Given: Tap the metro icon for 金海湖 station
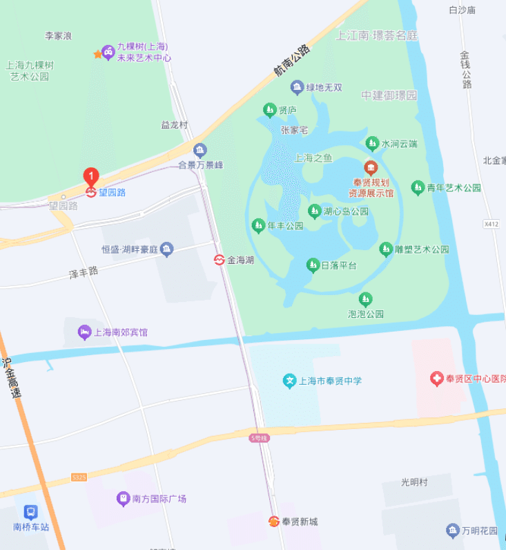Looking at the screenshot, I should coord(219,260).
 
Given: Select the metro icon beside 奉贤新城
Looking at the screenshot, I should coord(274,522).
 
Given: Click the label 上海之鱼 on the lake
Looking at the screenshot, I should coord(313,158).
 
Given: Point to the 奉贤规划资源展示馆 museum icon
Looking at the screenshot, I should coord(371,167).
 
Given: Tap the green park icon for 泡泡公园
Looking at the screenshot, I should coord(365,299).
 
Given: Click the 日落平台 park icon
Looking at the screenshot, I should coord(313,265).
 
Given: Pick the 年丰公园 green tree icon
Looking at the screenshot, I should coord(258,225).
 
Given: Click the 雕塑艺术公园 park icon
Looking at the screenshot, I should coord(386,249).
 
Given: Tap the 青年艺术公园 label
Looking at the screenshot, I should coord(454,188).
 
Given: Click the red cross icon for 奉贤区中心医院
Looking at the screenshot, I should coord(436,378).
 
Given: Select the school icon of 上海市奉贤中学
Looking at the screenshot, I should coord(290,381).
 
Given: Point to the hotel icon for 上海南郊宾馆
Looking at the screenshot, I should coord(84,332).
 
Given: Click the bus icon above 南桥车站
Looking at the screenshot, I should coord(31,512).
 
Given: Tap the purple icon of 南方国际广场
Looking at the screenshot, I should coord(123,498).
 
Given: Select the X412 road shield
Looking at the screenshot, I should coord(492,224).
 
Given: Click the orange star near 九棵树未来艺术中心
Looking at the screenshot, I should coord(97,54).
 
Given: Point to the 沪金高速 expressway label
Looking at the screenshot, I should coord(12,377).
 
